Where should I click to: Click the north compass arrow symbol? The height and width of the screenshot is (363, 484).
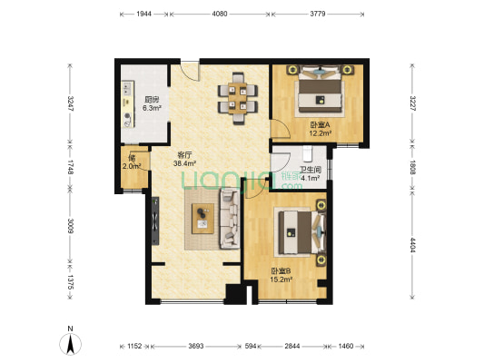(x=71, y=344)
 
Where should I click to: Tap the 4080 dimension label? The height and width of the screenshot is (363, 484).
(x=220, y=14)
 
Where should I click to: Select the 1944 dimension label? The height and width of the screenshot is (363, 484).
(x=143, y=14)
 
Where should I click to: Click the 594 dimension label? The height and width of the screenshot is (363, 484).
(x=251, y=346)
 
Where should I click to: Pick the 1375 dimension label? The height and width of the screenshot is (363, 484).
(x=71, y=282)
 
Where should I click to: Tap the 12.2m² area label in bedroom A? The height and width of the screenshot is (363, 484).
(x=321, y=133)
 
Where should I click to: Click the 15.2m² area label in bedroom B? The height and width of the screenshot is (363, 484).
(x=282, y=280)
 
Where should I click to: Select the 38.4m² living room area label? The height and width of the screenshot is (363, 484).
(x=185, y=163)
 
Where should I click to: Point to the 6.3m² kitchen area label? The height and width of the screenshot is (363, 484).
(x=152, y=108)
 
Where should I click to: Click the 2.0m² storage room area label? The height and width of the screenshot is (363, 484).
(x=132, y=167)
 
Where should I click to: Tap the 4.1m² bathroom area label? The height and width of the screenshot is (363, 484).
(x=311, y=178)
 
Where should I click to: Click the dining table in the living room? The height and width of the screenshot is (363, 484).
(x=238, y=98)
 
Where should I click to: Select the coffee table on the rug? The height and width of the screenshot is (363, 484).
(x=202, y=219)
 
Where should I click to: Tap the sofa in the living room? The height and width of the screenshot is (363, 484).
(x=230, y=220)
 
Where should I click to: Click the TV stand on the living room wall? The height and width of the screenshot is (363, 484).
(x=155, y=221)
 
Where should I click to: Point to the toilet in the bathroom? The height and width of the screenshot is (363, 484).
(x=308, y=154)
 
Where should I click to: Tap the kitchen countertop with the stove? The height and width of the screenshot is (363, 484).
(x=128, y=104)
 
